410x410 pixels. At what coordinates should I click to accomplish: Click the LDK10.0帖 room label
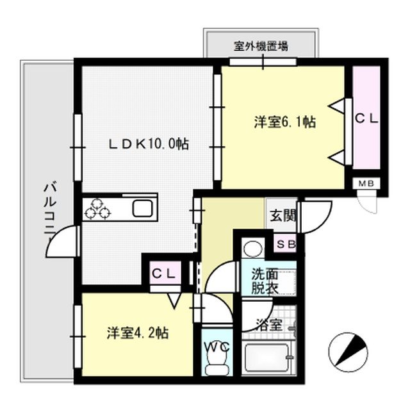tap(147, 145)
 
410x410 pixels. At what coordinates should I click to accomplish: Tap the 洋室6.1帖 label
tap(283, 122)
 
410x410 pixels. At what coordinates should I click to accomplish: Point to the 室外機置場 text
tap(261, 46)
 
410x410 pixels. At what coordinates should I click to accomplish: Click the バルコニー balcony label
tap(49, 211)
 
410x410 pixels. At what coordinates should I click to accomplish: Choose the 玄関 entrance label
tap(283, 215)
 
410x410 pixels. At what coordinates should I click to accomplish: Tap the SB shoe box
tap(285, 243)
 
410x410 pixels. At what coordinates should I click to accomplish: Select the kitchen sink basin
tap(142, 208)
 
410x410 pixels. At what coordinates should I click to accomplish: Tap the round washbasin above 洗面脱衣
tap(251, 248)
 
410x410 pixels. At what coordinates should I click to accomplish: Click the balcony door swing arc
tap(61, 241)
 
